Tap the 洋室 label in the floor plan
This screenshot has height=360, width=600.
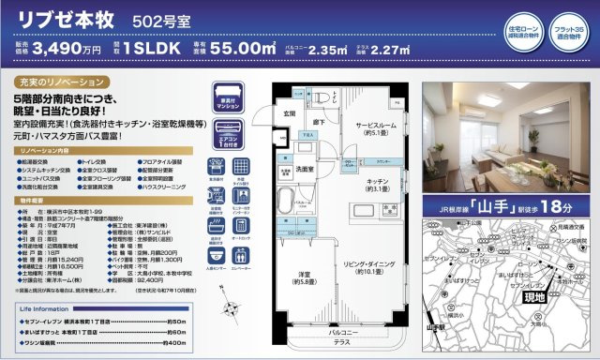point(306,275)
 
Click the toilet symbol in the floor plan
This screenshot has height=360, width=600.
point(320,96)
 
